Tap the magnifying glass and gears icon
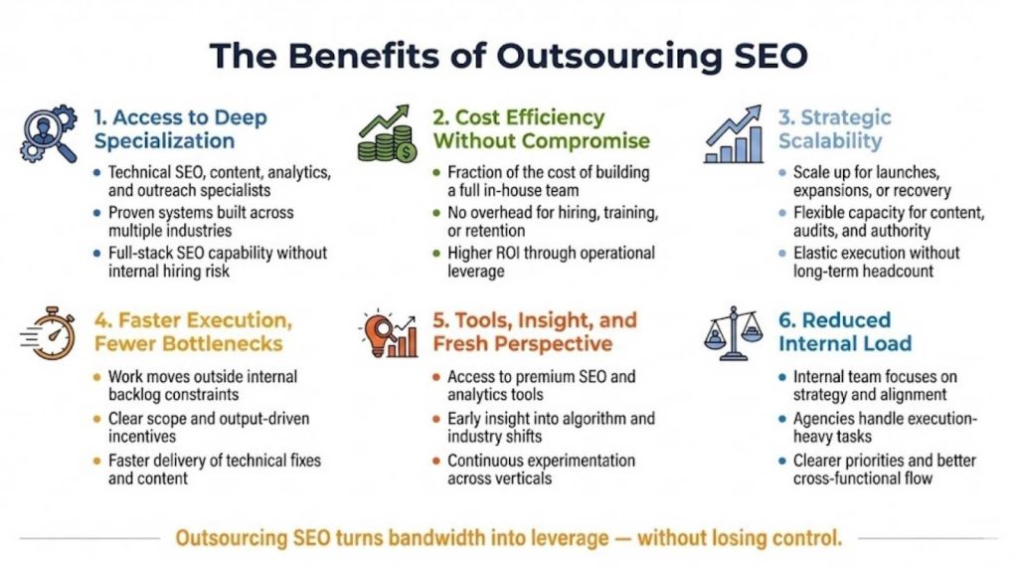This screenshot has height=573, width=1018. click(47, 133)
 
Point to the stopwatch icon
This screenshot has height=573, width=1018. click(47, 331)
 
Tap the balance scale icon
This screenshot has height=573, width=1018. click(734, 331)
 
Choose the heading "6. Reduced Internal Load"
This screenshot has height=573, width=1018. click(845, 332)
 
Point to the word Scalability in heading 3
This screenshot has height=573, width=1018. click(830, 141)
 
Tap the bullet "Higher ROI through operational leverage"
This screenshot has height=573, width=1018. click(550, 262)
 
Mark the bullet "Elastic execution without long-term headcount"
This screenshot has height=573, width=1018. click(876, 262)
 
